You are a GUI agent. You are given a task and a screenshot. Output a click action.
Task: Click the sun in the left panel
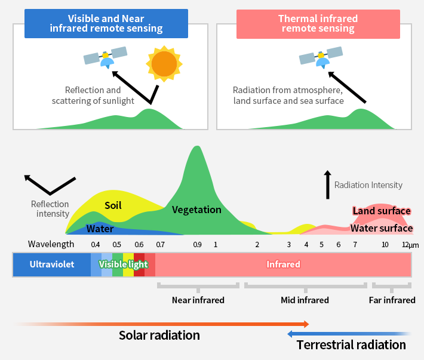point(163,63)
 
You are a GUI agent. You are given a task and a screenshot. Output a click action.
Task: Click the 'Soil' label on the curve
point(113,205)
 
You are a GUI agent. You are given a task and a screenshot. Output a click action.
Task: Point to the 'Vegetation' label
point(196,210)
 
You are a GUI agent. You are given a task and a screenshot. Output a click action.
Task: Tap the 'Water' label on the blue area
point(100,228)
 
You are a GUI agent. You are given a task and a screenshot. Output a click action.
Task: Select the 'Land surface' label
point(381,211)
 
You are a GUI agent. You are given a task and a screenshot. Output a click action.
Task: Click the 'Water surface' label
point(381,227)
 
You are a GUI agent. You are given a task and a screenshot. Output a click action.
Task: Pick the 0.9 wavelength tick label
point(198,244)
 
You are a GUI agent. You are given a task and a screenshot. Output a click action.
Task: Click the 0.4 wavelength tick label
point(96,244)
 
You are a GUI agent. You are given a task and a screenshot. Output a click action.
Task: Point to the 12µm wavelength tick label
point(410,244)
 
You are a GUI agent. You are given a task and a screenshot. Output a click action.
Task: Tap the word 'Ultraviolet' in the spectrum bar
point(52,264)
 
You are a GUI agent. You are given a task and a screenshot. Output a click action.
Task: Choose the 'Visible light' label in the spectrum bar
point(123,264)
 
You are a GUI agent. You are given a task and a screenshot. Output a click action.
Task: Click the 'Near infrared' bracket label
point(198,300)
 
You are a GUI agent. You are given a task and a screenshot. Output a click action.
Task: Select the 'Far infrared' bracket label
point(392,300)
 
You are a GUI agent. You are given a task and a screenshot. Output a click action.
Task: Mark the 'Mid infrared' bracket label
point(305,300)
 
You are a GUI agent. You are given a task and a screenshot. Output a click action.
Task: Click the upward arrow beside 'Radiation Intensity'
point(327,184)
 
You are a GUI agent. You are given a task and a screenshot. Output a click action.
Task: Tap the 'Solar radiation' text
point(159,335)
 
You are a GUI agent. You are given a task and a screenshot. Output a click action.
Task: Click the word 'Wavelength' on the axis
point(51,244)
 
